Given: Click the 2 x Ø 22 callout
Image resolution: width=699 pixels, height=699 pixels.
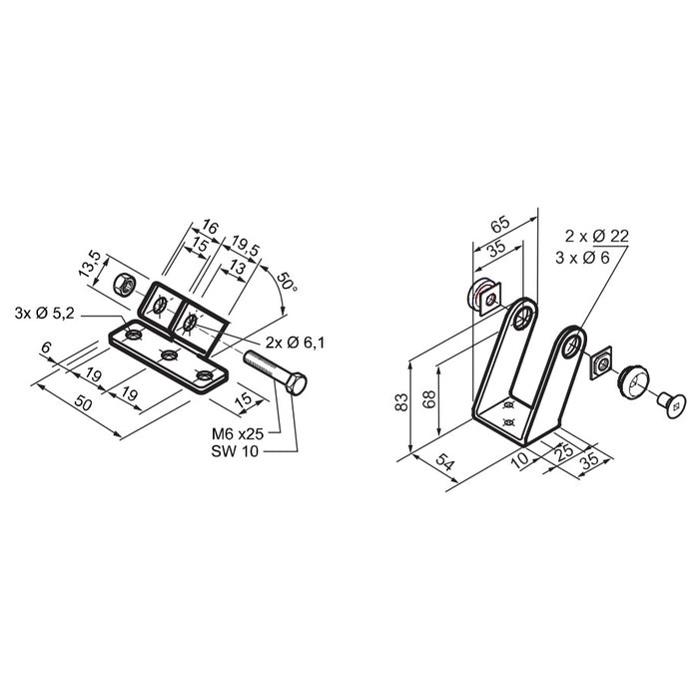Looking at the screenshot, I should (596, 236).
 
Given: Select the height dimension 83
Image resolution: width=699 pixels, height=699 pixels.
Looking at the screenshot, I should (401, 401).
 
